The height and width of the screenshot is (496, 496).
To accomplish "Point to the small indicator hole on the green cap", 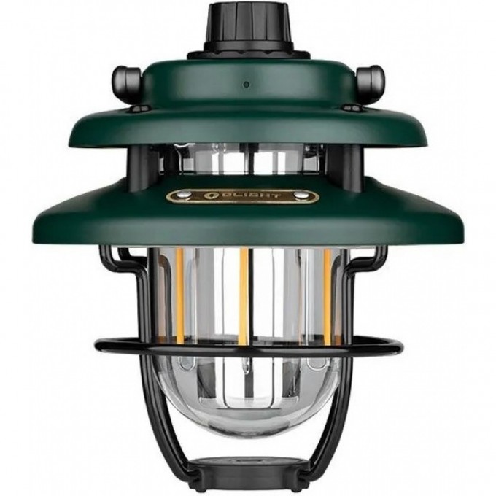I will point(247,85).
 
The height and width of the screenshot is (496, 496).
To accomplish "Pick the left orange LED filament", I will point(179,292).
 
